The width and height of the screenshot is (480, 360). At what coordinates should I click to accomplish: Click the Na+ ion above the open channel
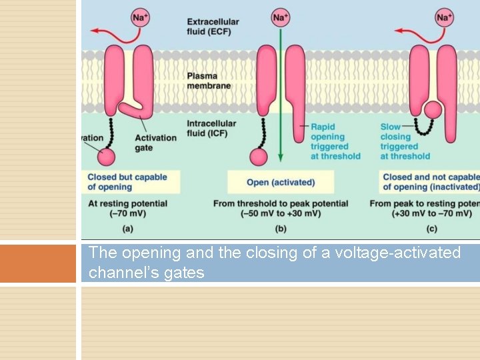[x=281, y=17]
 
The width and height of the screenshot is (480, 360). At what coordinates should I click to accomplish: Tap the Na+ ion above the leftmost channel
[x=140, y=17]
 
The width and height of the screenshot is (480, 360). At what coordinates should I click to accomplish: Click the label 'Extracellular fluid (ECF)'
[x=213, y=27]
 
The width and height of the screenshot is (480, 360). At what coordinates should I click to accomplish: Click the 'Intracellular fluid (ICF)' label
[x=211, y=128]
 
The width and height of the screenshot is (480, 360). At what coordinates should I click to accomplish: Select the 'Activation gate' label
[x=155, y=143]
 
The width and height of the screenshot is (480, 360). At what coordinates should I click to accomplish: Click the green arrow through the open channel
[x=281, y=100]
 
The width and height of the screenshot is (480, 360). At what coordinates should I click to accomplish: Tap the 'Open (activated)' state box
[x=281, y=183]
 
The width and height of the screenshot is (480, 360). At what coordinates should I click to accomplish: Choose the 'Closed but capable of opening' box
[x=127, y=182]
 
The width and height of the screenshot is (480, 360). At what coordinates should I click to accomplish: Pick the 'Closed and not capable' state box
[x=430, y=182]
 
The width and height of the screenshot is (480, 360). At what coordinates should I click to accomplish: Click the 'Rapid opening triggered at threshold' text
[x=335, y=141]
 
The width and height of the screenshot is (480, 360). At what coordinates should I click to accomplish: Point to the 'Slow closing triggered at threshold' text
[x=405, y=141]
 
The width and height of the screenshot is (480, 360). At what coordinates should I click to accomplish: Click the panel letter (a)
[x=127, y=229]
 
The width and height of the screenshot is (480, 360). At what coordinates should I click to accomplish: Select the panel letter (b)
[x=281, y=229]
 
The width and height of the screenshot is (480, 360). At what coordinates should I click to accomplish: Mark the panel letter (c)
[x=432, y=229]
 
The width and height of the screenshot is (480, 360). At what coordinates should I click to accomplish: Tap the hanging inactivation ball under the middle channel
[x=259, y=157]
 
